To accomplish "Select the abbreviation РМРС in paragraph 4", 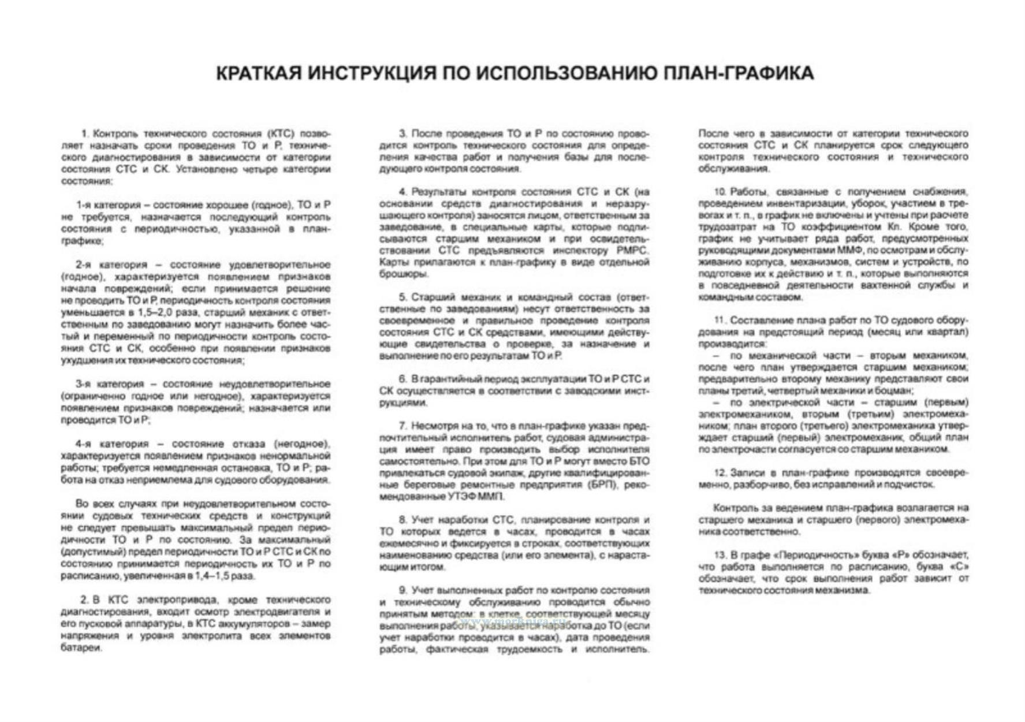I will pyautogui.click(x=633, y=251).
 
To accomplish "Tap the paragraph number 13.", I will pyautogui.click(x=719, y=555).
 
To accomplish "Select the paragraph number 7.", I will pyautogui.click(x=402, y=426).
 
